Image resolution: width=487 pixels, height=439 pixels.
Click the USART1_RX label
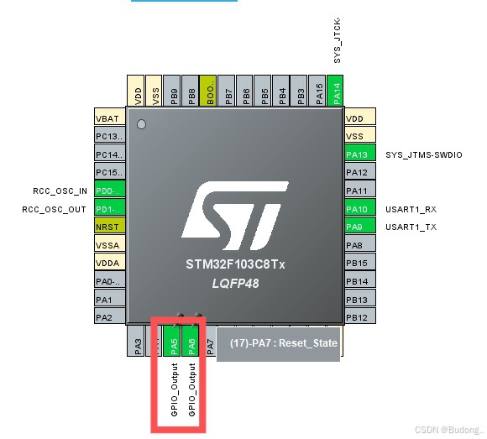tap(411, 209)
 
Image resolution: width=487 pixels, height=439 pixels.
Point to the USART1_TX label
tap(411, 227)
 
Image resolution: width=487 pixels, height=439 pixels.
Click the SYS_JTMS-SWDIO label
tap(423, 154)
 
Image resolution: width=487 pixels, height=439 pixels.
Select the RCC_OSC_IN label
tap(55, 191)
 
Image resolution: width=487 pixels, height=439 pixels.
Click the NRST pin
tap(110, 227)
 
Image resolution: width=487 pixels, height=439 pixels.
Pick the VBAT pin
tap(110, 118)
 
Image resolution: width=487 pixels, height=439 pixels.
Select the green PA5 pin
tap(173, 342)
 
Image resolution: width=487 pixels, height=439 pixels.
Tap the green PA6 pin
tap(191, 342)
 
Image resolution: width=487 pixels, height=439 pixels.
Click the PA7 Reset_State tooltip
tap(278, 344)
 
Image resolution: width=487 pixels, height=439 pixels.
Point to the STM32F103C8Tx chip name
tap(235, 264)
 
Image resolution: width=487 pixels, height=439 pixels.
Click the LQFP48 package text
tap(235, 285)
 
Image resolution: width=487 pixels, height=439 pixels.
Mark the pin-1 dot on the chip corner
tap(141, 125)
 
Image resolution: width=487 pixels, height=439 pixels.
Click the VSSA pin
tap(110, 245)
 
